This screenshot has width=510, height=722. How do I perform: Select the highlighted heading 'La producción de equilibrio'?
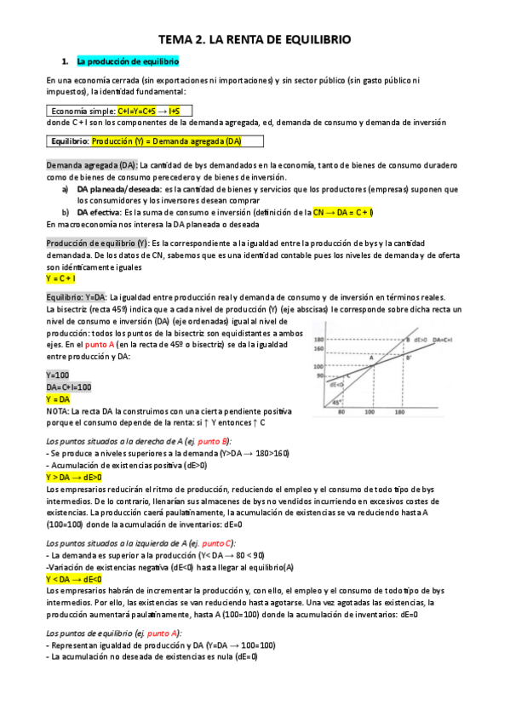pos(127,62)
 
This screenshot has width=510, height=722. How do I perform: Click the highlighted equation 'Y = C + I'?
pos(60,278)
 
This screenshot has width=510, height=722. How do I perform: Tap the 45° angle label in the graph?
pos(337,402)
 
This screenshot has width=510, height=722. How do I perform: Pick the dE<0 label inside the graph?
pos(336,384)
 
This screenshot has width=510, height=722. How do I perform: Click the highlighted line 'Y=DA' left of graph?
pos(58,398)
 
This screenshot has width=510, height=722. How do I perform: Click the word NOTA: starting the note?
pos(60,410)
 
